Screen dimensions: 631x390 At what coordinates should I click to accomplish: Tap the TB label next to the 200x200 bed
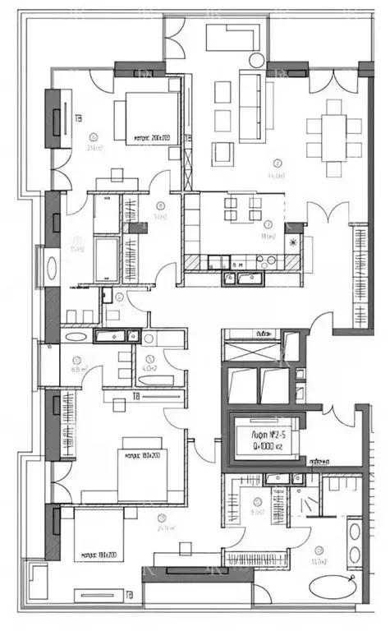point(78,117)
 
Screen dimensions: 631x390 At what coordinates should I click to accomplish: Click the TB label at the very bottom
point(128,593)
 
